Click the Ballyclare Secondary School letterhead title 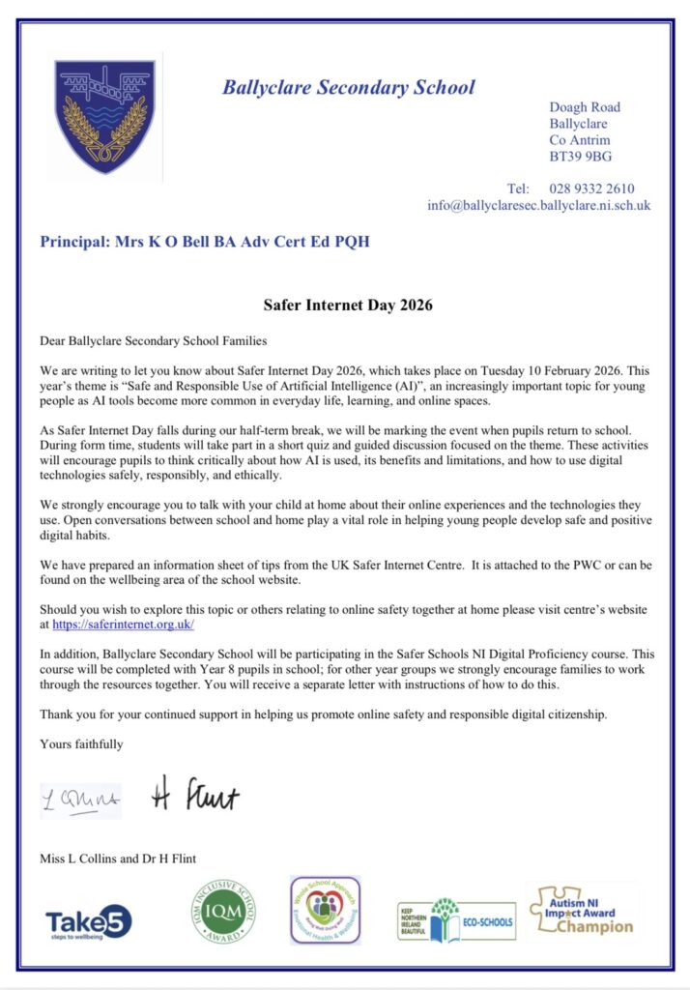click(x=348, y=87)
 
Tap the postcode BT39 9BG click(x=580, y=157)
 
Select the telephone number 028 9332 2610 click(x=591, y=189)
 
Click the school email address click(x=538, y=206)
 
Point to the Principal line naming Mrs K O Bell click(x=204, y=241)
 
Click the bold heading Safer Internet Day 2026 click(x=348, y=305)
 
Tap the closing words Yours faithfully click(x=81, y=743)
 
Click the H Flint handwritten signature click(x=195, y=796)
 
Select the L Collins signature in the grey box click(x=80, y=800)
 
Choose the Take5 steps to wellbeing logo click(x=88, y=921)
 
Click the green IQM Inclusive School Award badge click(x=223, y=911)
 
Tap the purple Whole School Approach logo click(x=325, y=911)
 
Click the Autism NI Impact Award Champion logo click(x=583, y=913)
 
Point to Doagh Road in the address click(x=585, y=107)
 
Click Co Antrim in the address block click(x=580, y=140)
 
